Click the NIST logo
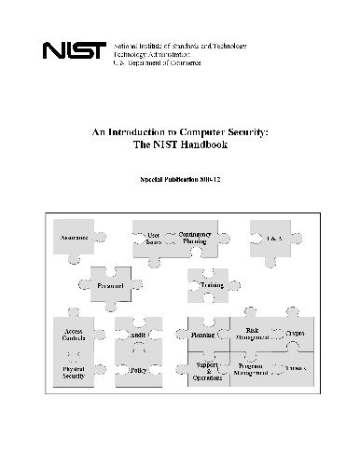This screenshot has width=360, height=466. click(x=76, y=54)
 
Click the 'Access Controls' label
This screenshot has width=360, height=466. click(x=75, y=336)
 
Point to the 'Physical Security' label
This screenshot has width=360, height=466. click(x=74, y=372)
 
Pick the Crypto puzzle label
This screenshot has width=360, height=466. click(x=296, y=333)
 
